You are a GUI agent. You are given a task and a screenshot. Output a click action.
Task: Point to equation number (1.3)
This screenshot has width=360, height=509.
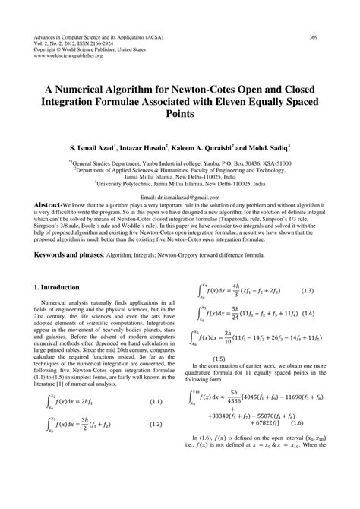pyautogui.click(x=308, y=290)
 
